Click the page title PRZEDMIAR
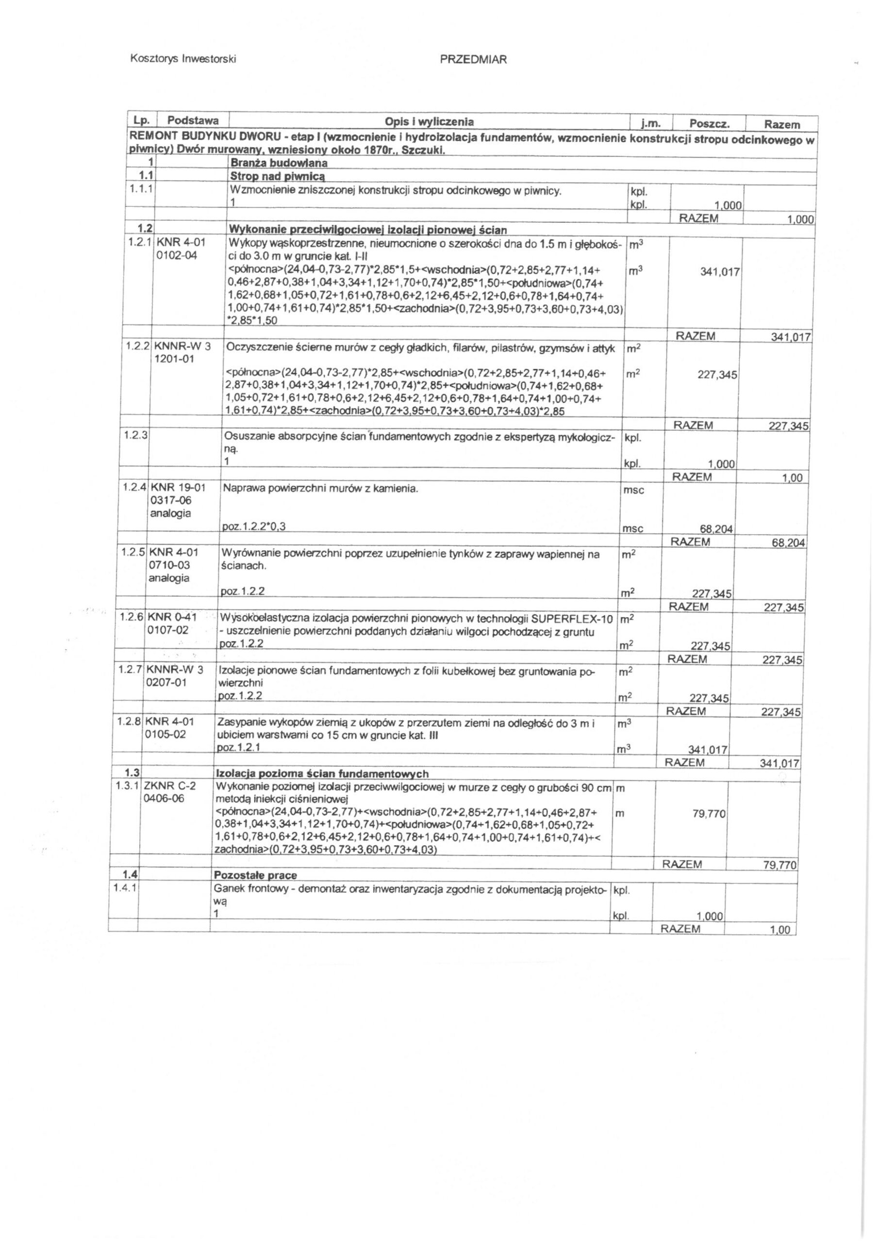pyautogui.click(x=473, y=60)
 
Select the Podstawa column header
pyautogui.click(x=193, y=120)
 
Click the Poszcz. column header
pyautogui.click(x=710, y=123)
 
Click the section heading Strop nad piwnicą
pyautogui.click(x=278, y=176)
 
